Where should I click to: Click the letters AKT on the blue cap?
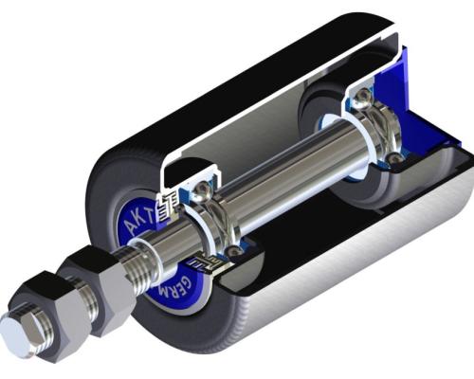click(x=135, y=220)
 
